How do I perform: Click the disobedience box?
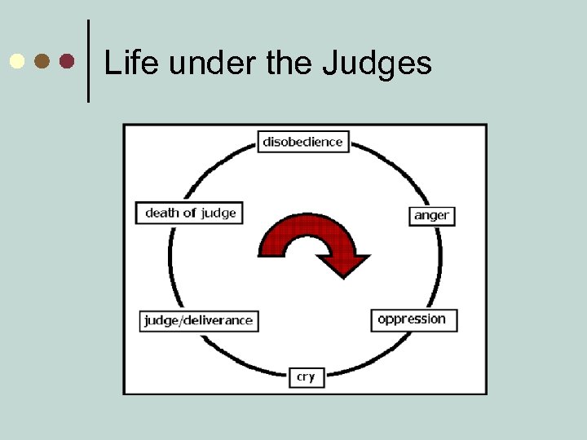coord(303,142)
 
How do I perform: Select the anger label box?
coord(431,216)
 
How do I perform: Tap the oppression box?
coord(413,319)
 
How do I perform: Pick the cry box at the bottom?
coord(306,376)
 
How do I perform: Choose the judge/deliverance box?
coord(198,320)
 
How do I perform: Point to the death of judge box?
coord(190,213)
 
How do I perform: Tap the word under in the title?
coord(188,63)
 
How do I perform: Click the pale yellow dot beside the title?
coord(16,61)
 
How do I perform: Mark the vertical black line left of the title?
coord(88,61)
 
